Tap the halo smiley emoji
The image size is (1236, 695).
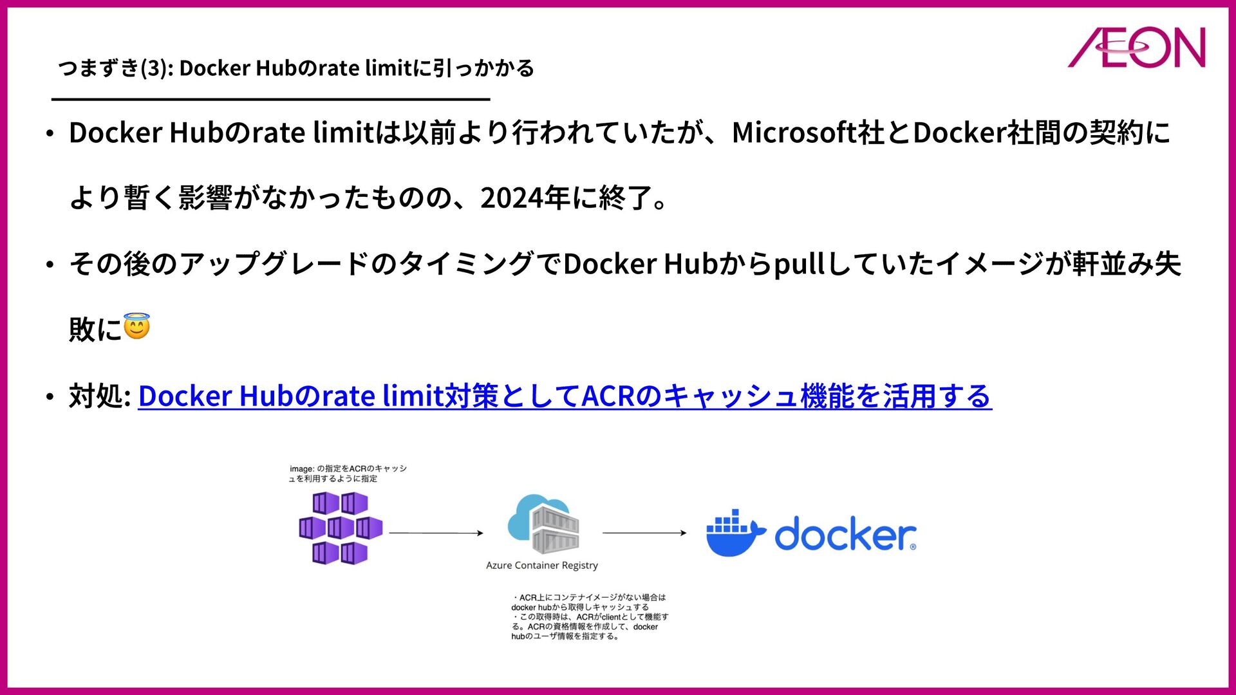136,326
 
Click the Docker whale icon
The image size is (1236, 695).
735,533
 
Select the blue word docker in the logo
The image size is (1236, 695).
845,534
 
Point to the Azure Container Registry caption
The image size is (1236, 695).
542,566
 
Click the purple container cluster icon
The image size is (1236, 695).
340,528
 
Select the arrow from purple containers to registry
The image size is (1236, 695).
436,533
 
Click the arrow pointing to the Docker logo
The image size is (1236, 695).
644,533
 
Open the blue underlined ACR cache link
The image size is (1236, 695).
565,396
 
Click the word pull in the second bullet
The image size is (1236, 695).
799,264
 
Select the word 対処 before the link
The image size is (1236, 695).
96,396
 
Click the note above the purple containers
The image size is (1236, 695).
348,474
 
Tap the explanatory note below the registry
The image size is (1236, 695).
590,616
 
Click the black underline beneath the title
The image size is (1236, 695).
270,99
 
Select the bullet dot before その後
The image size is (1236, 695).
50,265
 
